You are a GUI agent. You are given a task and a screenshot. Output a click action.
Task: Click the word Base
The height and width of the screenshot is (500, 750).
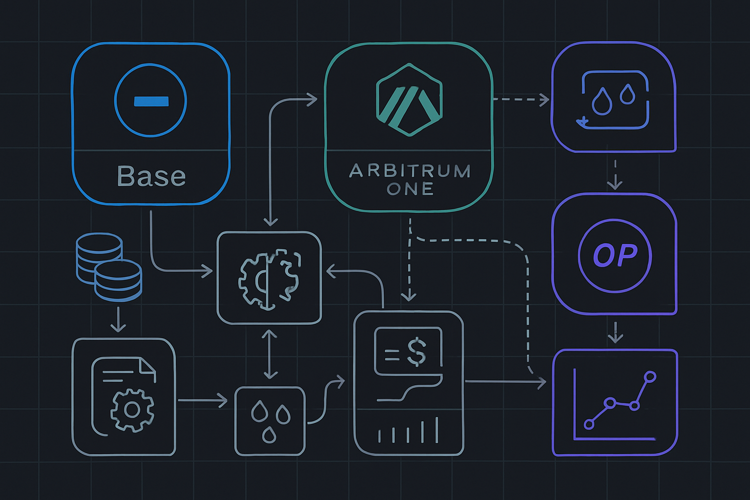[x=151, y=176]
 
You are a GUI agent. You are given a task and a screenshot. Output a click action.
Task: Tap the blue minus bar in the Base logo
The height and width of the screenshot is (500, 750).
[x=151, y=102]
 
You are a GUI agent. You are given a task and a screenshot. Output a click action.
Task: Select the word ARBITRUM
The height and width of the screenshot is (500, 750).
[x=410, y=171]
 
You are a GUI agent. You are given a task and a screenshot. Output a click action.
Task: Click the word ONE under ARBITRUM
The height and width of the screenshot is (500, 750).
[x=410, y=188]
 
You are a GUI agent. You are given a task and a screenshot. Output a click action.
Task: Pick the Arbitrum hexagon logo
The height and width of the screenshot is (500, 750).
[x=409, y=99]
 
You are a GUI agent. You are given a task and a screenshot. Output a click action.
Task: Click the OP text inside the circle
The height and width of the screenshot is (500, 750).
[x=615, y=255]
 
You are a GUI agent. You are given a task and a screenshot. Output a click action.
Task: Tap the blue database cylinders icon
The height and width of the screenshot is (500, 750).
[x=109, y=267]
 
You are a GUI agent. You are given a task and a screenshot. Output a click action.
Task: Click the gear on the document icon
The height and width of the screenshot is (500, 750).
[x=132, y=410]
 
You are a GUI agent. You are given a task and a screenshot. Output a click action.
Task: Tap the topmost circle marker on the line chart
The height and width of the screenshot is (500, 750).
[x=650, y=376]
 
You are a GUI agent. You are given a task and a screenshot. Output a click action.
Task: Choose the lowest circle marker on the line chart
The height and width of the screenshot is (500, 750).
[x=589, y=424]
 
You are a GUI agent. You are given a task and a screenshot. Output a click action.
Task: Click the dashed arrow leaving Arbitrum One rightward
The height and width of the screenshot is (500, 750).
[x=521, y=100]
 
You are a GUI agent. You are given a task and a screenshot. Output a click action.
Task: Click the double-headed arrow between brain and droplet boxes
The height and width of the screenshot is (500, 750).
[x=270, y=354]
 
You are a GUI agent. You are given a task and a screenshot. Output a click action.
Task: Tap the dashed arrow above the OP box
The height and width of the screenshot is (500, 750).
[x=615, y=174]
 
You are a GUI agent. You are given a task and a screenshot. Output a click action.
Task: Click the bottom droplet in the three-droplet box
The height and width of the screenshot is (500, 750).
[x=269, y=435]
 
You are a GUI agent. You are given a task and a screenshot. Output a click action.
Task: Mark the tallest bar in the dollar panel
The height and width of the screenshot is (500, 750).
[x=436, y=429]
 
